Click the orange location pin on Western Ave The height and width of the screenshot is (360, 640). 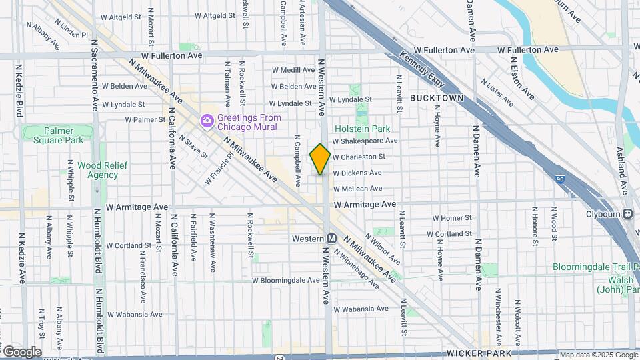click(x=320, y=159)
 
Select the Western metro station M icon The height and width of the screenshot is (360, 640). click(x=331, y=238)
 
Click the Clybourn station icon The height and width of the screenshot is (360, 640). click(x=627, y=214)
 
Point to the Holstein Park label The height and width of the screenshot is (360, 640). click(x=362, y=129)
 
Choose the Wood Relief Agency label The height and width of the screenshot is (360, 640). click(x=97, y=171)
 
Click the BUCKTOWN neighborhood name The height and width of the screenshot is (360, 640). click(x=437, y=98)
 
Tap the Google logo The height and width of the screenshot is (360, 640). click(x=21, y=352)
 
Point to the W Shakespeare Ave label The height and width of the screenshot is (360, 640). click(x=365, y=141)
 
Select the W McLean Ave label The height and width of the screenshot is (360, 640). click(x=357, y=189)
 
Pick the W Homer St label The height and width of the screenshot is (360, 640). click(x=452, y=218)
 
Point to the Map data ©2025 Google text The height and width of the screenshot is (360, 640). click(x=599, y=355)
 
